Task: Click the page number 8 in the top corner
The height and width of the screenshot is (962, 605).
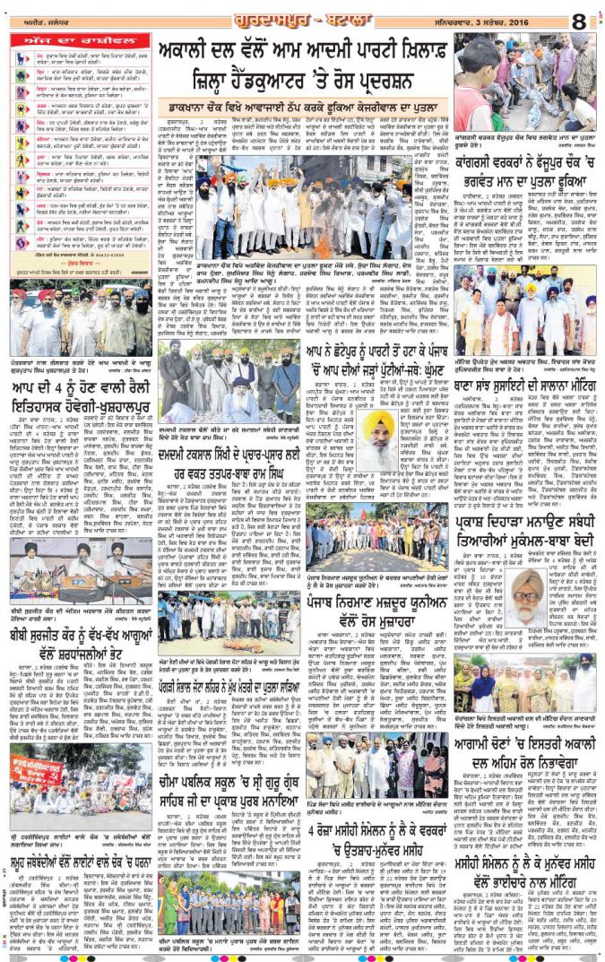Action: pos(579,18)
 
